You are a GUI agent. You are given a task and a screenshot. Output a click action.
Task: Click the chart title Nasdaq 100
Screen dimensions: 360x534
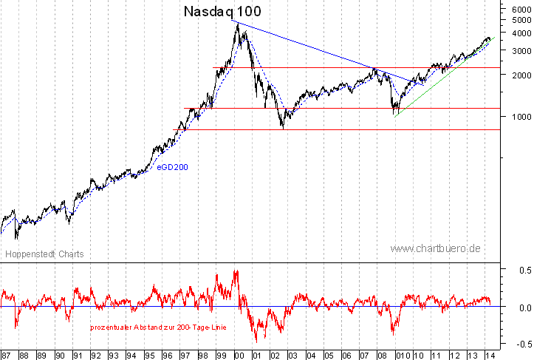(x=222, y=12)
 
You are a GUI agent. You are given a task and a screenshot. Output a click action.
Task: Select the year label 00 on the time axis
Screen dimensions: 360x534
(x=239, y=354)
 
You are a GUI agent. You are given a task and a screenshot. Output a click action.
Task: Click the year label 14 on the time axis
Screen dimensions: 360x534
(x=490, y=354)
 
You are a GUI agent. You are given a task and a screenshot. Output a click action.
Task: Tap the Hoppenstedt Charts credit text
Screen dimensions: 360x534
(x=44, y=254)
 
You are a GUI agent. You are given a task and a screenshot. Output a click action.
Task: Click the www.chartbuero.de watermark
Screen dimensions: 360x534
(x=436, y=248)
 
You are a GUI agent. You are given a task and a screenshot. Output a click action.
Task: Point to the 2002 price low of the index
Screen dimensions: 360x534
(x=282, y=128)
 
